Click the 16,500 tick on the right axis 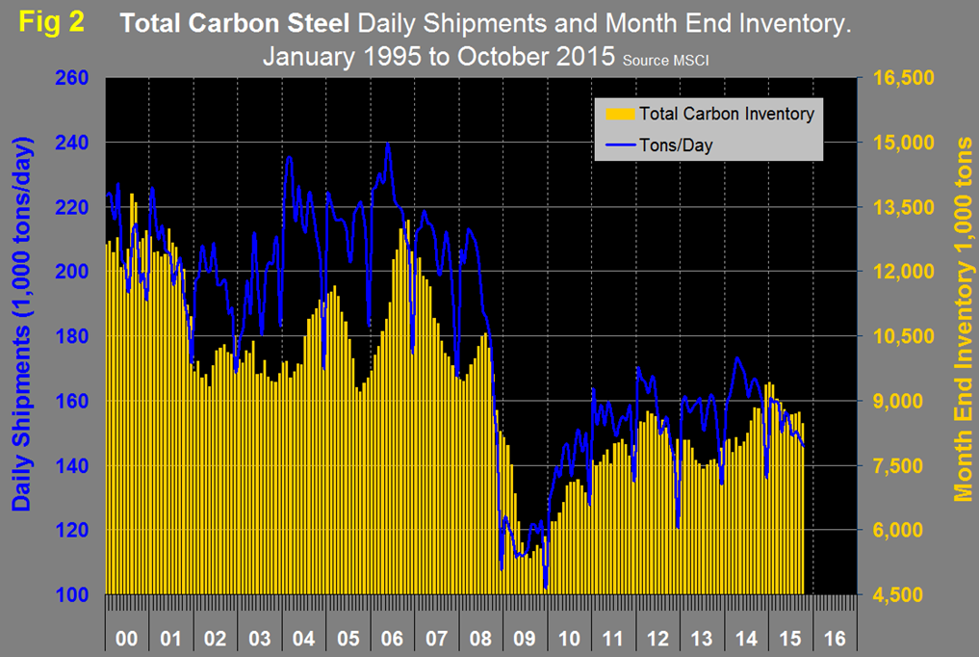902,78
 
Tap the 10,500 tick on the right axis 902,336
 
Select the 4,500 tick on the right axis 898,595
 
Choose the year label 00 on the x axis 126,638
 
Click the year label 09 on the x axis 524,638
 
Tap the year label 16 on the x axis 834,638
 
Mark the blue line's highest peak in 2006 388,144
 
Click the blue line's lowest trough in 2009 545,587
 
